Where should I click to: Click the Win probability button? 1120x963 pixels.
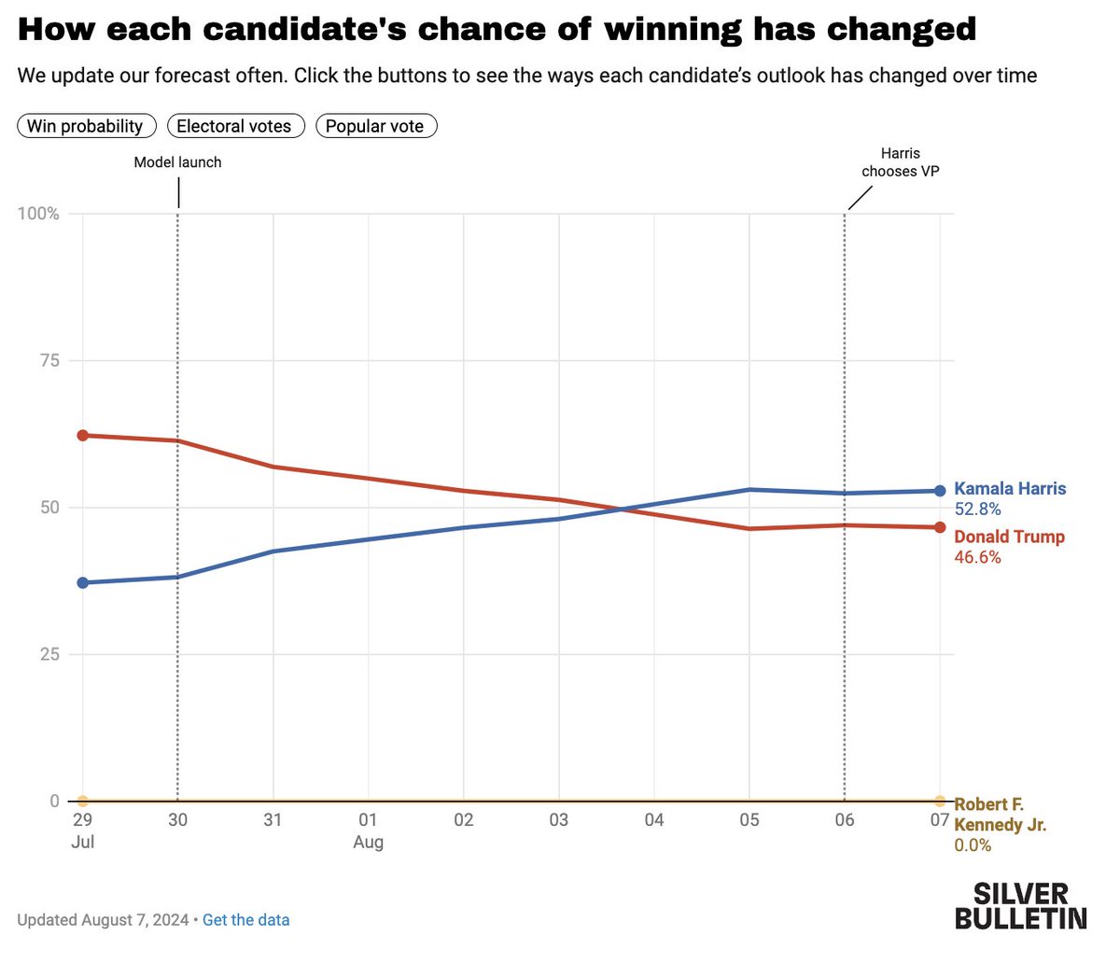click(x=86, y=126)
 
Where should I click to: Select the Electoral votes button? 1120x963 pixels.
click(x=234, y=126)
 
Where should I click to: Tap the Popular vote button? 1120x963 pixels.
click(x=375, y=126)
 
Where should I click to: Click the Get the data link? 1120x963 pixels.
click(x=245, y=919)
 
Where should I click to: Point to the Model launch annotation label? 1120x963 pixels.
click(x=177, y=162)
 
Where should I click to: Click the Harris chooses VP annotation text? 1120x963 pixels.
click(x=900, y=162)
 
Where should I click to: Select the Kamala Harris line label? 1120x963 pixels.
click(x=1010, y=489)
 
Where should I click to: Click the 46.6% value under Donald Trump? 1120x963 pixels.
click(x=977, y=557)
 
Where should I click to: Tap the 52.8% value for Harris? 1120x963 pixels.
click(x=977, y=509)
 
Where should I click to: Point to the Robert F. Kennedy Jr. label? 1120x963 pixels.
click(x=1000, y=815)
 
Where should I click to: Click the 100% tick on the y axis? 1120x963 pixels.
click(x=38, y=214)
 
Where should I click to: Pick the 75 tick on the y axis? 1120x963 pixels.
click(x=49, y=360)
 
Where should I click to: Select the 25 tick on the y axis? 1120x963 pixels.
click(x=49, y=654)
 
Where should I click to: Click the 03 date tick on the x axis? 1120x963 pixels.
click(x=558, y=820)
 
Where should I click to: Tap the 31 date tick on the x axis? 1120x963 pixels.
click(x=273, y=820)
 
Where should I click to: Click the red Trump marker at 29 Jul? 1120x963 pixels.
click(x=82, y=436)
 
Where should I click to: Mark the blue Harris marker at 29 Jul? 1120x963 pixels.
click(x=82, y=582)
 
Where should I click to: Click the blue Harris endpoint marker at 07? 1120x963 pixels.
click(x=939, y=491)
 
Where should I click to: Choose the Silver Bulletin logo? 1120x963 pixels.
click(x=1020, y=906)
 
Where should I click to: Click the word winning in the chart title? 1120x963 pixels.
click(x=673, y=30)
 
